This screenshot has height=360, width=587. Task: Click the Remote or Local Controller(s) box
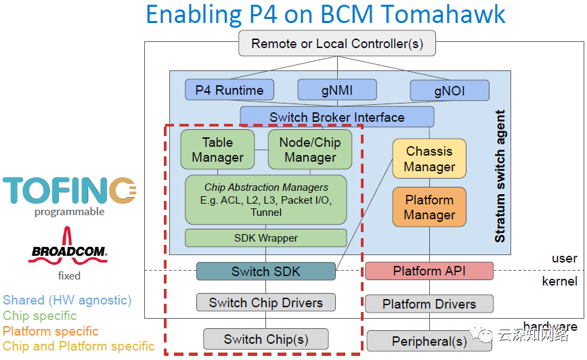coord(336,44)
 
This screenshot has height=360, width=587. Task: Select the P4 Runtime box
coord(229,90)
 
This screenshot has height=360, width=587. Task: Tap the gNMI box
coord(336,90)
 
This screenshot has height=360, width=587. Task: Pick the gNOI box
coord(449,90)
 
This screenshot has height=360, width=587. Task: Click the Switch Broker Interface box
coord(336,117)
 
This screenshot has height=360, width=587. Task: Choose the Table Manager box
coord(217,150)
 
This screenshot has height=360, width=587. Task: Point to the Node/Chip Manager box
coord(310,150)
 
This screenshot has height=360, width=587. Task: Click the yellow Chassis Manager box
coord(429,159)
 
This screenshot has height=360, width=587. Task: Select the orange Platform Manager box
coord(429,207)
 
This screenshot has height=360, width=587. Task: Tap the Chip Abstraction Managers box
coord(265,200)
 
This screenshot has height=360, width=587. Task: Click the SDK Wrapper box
coord(265,238)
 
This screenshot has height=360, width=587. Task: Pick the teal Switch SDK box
coord(265,271)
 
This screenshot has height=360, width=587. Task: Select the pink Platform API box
coord(429,271)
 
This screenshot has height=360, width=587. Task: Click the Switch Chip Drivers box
coord(265,302)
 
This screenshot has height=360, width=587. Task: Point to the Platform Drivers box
coord(429,304)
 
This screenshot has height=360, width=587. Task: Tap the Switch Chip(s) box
coord(265,339)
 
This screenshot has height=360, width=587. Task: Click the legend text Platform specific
coord(51,332)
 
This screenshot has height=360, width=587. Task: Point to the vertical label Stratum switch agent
coord(500,177)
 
